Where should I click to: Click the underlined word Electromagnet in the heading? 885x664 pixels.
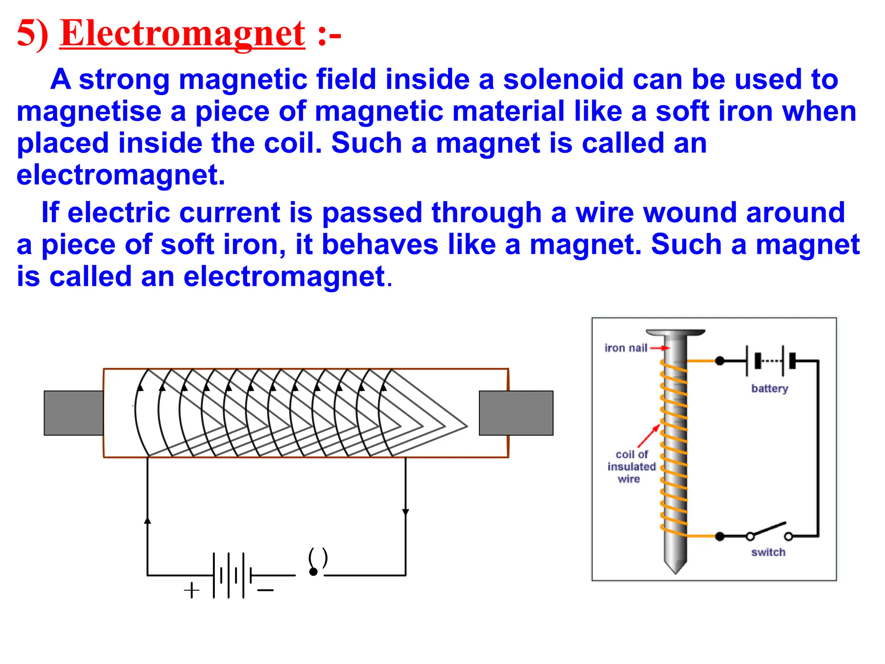[x=182, y=34]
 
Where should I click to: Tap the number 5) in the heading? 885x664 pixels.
[x=32, y=34]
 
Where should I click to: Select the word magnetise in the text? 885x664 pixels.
[x=88, y=112]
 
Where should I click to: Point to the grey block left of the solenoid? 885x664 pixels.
[x=73, y=413]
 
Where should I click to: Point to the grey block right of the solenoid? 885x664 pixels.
[x=516, y=413]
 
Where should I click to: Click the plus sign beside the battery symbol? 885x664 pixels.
[x=191, y=590]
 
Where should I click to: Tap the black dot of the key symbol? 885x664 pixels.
[x=313, y=572]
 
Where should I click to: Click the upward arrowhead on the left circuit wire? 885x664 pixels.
[x=147, y=520]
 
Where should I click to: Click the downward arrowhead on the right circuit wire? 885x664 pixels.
[x=405, y=512]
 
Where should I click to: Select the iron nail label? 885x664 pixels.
[x=626, y=348]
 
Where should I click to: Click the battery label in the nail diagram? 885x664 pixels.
[x=770, y=388]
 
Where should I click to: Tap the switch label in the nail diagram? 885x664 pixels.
[x=768, y=552]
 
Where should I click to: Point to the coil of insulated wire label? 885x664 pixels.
[x=631, y=466]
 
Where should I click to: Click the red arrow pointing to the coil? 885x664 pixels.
[x=649, y=436]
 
